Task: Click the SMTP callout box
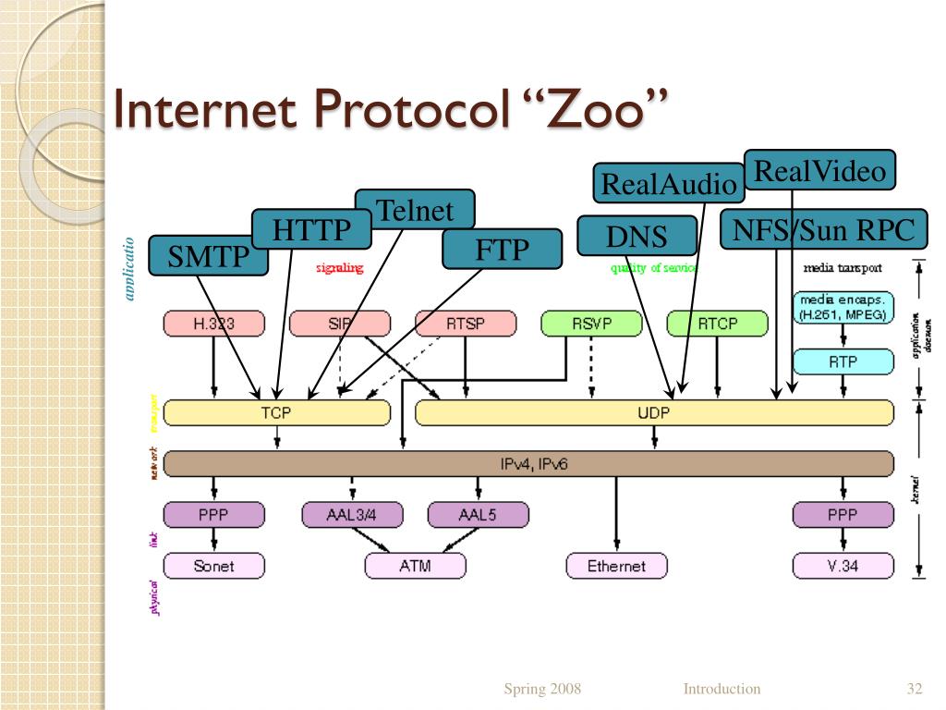point(208,256)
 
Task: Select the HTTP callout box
point(311,229)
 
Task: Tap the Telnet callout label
point(415,210)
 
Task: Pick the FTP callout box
point(502,249)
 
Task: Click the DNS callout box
point(637,236)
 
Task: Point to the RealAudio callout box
point(669,183)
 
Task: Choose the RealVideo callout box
point(819,170)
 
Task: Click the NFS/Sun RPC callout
point(823,229)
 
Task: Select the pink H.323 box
point(213,324)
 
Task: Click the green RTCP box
point(717,324)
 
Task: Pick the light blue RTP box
point(843,361)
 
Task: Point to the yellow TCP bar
point(276,413)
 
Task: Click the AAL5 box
point(478,515)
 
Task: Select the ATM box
point(415,565)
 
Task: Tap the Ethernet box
point(616,565)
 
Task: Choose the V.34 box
point(843,565)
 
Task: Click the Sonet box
point(213,565)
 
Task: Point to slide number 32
point(916,689)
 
